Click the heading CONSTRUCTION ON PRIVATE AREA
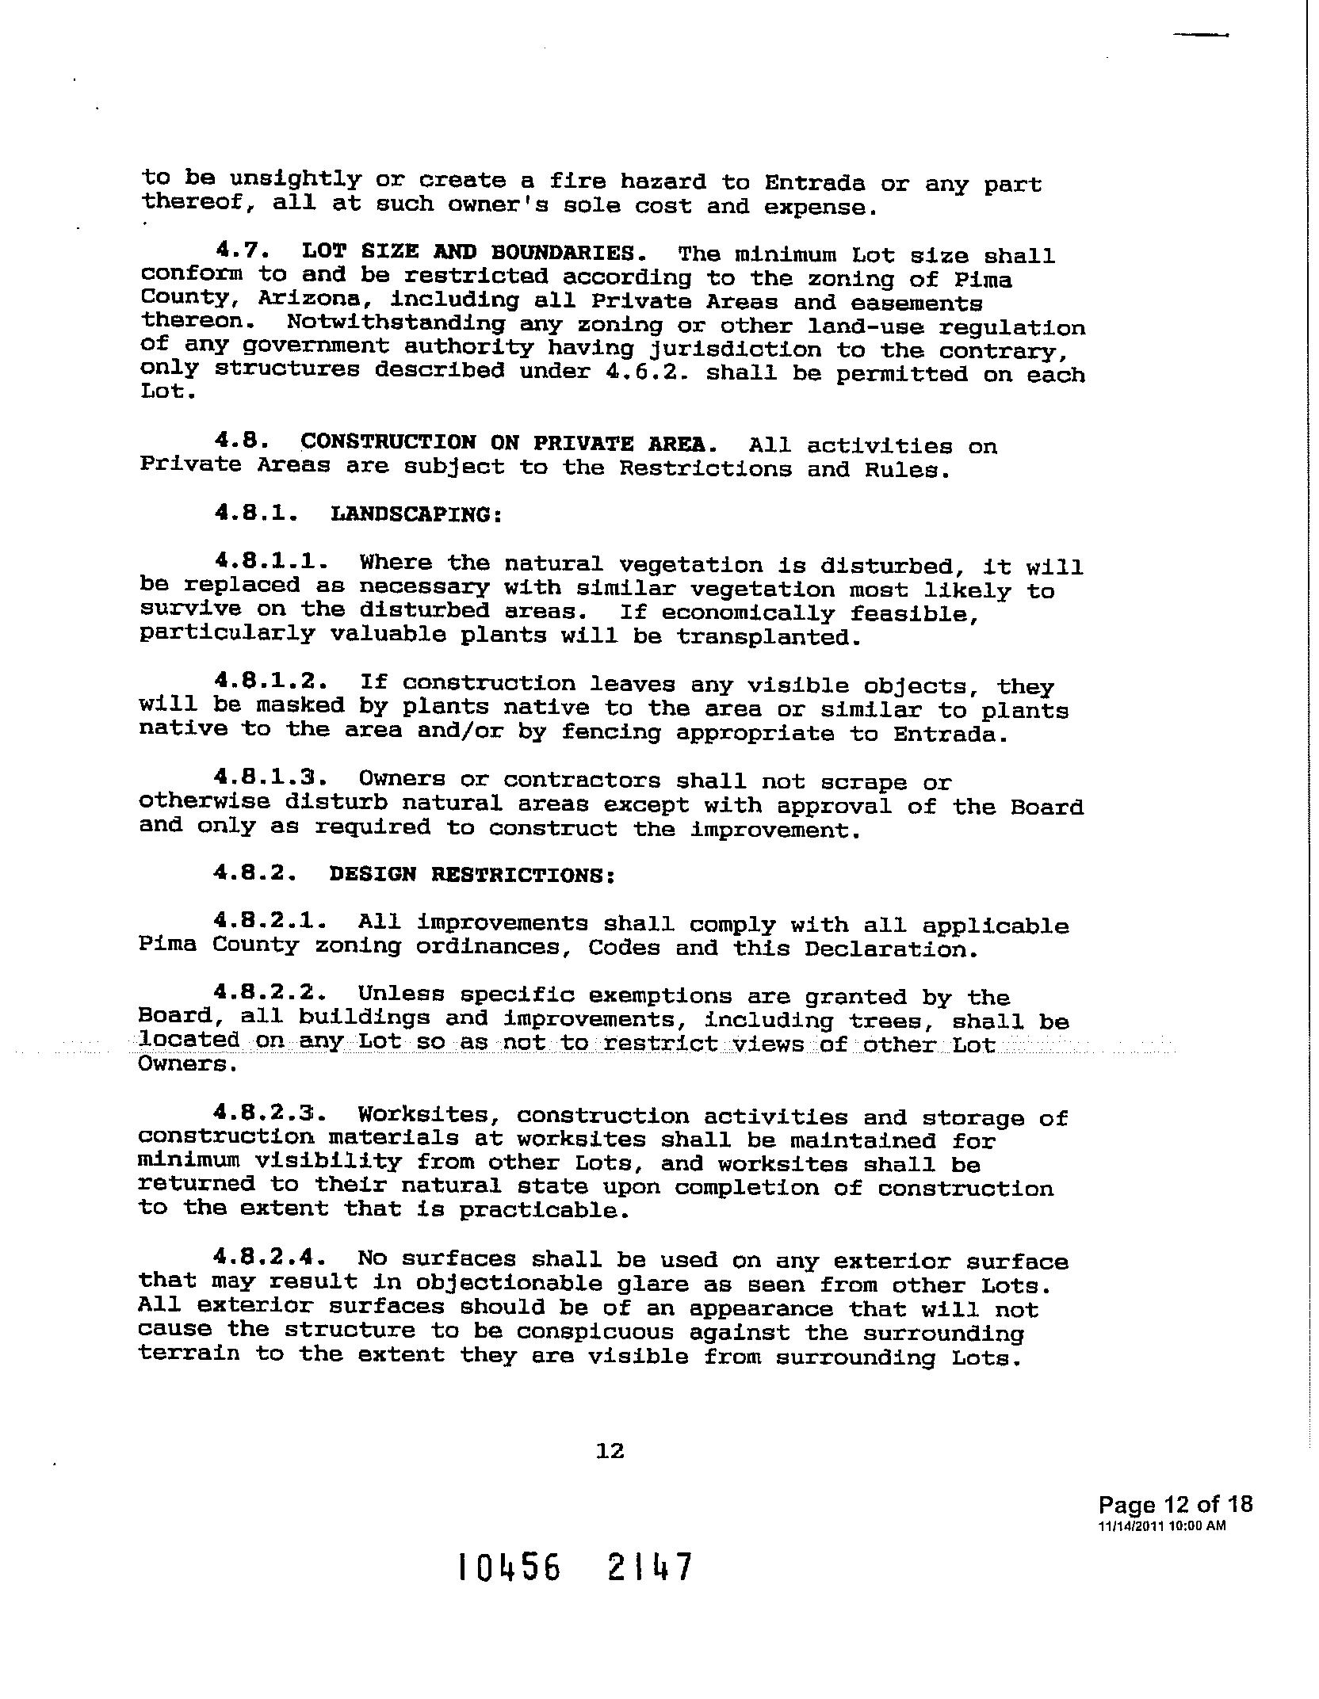[509, 443]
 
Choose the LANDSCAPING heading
[416, 514]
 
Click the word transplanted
[768, 638]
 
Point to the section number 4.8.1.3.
[271, 779]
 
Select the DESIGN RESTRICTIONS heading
[472, 875]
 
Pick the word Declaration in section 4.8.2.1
[890, 949]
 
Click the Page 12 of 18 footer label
[1175, 1504]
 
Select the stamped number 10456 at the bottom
[510, 1567]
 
